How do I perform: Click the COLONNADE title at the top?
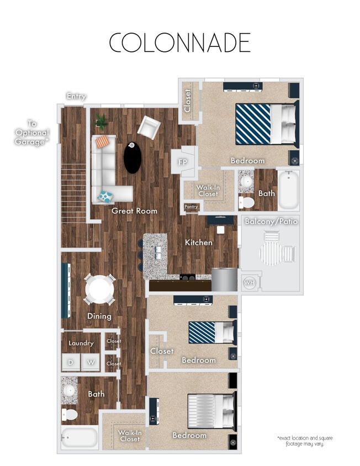pos(179,43)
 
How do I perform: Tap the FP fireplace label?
pos(183,162)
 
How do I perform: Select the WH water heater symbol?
pos(249,283)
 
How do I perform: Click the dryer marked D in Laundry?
pos(71,363)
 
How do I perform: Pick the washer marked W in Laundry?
pos(91,363)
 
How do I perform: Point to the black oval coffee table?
pos(133,157)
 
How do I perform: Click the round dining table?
pos(99,289)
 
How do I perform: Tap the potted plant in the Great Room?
pos(101,120)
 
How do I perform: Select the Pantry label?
pos(191,207)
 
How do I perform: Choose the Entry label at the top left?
pos(76,97)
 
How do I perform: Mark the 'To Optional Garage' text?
pos(32,133)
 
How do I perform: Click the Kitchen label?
pos(199,242)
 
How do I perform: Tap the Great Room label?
pos(134,211)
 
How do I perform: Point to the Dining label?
pos(99,316)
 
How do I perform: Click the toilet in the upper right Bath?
pos(246,203)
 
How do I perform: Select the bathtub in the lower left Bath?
pos(80,437)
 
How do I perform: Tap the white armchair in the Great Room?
pos(149,128)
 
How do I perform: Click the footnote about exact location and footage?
pos(305,441)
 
